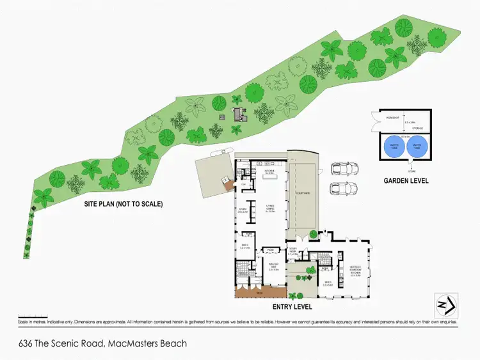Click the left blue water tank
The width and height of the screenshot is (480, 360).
coord(393,148)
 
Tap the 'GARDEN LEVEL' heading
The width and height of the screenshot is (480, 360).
coord(406,181)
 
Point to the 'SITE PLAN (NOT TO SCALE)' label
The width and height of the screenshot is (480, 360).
coord(124,205)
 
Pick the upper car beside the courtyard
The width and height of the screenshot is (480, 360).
coord(344,169)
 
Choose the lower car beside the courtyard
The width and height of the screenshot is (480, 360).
coord(344,189)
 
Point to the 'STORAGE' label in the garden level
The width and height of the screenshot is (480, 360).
coord(417,128)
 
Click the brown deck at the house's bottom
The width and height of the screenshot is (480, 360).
coord(259,293)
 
